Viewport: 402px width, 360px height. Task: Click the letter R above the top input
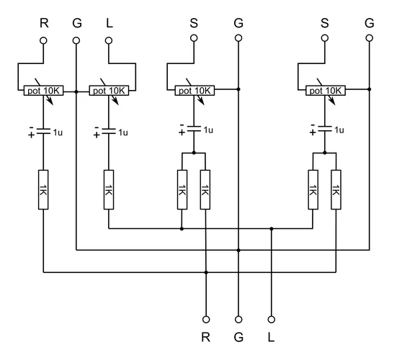tap(43, 22)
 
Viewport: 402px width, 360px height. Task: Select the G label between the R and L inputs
tap(76, 22)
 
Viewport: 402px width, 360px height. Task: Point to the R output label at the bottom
tap(206, 336)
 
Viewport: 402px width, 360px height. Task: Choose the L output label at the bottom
tap(272, 336)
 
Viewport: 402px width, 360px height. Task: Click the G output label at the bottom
tap(238, 336)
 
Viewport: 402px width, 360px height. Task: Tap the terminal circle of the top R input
tap(43, 40)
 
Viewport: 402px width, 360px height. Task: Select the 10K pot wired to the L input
tap(108, 91)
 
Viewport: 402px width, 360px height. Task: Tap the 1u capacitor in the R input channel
tap(43, 131)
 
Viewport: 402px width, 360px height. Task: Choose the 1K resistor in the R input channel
tap(43, 189)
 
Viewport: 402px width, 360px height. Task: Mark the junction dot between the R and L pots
tap(76, 91)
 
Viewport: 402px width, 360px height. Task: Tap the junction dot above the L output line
tap(272, 229)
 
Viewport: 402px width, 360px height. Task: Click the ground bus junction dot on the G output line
tap(238, 251)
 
